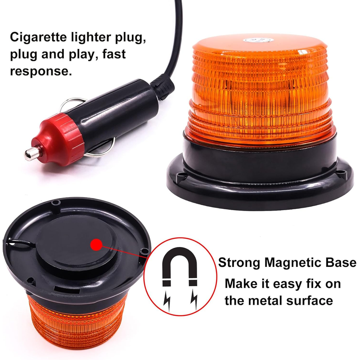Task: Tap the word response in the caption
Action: click(41, 72)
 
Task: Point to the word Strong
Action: click(239, 263)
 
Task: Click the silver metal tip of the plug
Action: click(31, 153)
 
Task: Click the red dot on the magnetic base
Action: click(96, 245)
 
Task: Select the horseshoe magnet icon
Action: click(180, 266)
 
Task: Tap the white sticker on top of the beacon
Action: click(258, 40)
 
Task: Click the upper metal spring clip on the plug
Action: click(72, 103)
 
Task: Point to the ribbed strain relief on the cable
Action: click(162, 88)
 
